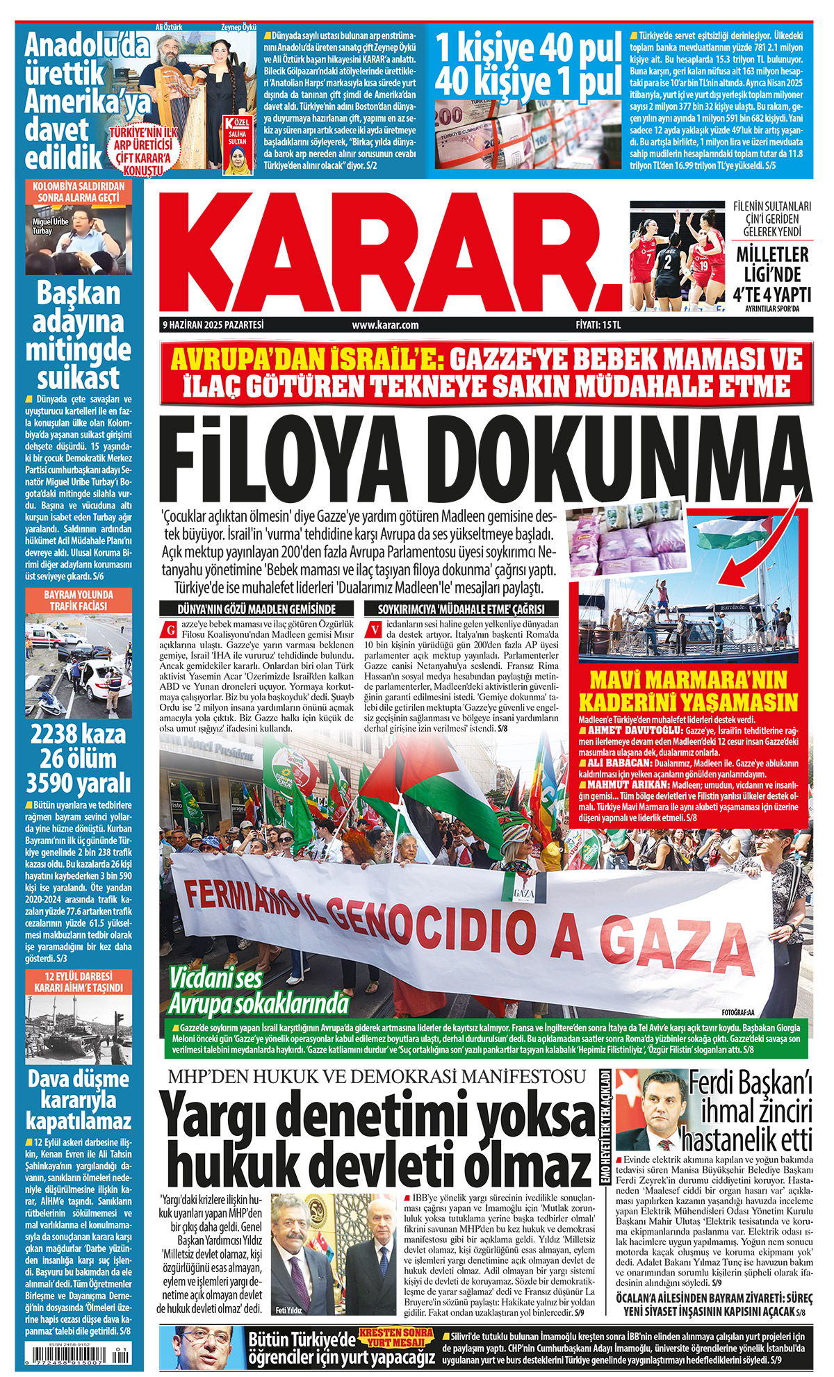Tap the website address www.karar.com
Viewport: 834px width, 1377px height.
pos(385,324)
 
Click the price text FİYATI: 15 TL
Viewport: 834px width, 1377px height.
pos(598,324)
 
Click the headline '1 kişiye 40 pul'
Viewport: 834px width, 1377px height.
pos(528,49)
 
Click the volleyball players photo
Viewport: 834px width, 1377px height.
pos(678,256)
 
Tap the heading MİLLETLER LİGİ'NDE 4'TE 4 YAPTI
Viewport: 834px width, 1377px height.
pos(772,274)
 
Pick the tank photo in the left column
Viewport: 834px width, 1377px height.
pos(78,1030)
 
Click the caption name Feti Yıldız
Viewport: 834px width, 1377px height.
pos(288,1310)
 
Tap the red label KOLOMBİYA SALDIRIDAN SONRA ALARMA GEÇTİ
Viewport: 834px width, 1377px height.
pos(78,192)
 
